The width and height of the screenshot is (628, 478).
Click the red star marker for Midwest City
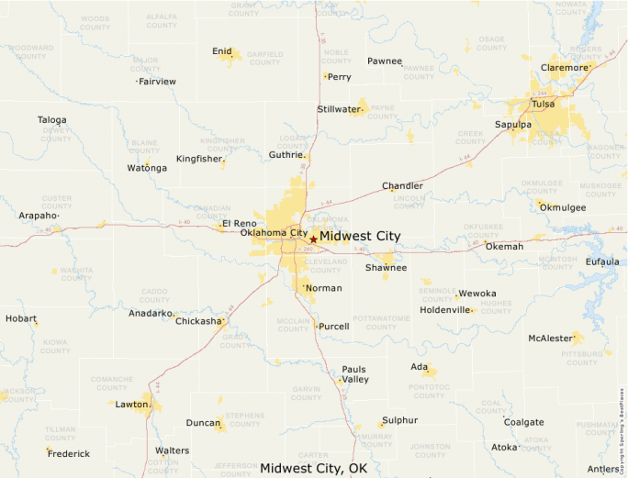click(x=313, y=239)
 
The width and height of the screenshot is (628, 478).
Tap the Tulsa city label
click(x=544, y=104)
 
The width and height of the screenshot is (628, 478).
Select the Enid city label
click(x=221, y=51)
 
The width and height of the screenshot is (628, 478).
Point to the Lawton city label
click(x=131, y=404)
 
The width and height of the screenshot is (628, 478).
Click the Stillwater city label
click(x=339, y=109)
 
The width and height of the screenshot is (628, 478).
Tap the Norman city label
click(x=323, y=288)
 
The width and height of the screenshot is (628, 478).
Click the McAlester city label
click(x=550, y=339)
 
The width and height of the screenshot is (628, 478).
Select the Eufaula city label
click(x=602, y=261)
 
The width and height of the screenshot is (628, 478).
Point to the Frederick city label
click(x=69, y=453)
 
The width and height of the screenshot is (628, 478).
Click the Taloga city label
click(x=51, y=120)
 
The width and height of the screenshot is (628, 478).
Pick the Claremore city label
click(x=564, y=68)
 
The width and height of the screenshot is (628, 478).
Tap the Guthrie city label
click(x=286, y=156)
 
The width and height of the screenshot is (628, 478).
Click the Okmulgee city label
click(x=563, y=207)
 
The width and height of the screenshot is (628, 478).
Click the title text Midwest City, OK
click(x=313, y=468)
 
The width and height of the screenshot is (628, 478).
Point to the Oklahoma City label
click(x=274, y=233)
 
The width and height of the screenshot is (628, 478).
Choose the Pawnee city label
click(x=385, y=61)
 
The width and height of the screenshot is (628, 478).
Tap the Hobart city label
click(x=20, y=318)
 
